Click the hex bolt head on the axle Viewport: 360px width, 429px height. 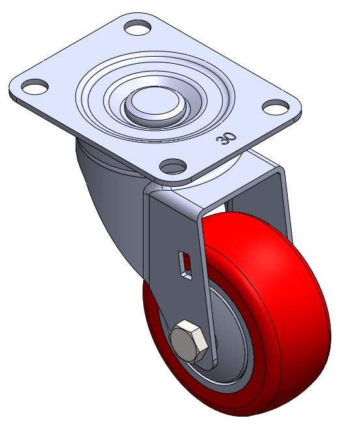[x=189, y=342]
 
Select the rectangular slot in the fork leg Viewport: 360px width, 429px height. [x=185, y=264]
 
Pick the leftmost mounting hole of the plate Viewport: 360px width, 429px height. [x=35, y=87]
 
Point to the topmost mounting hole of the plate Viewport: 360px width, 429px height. [x=138, y=27]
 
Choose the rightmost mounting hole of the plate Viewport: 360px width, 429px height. [x=276, y=107]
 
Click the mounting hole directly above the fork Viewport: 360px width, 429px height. [x=173, y=165]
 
